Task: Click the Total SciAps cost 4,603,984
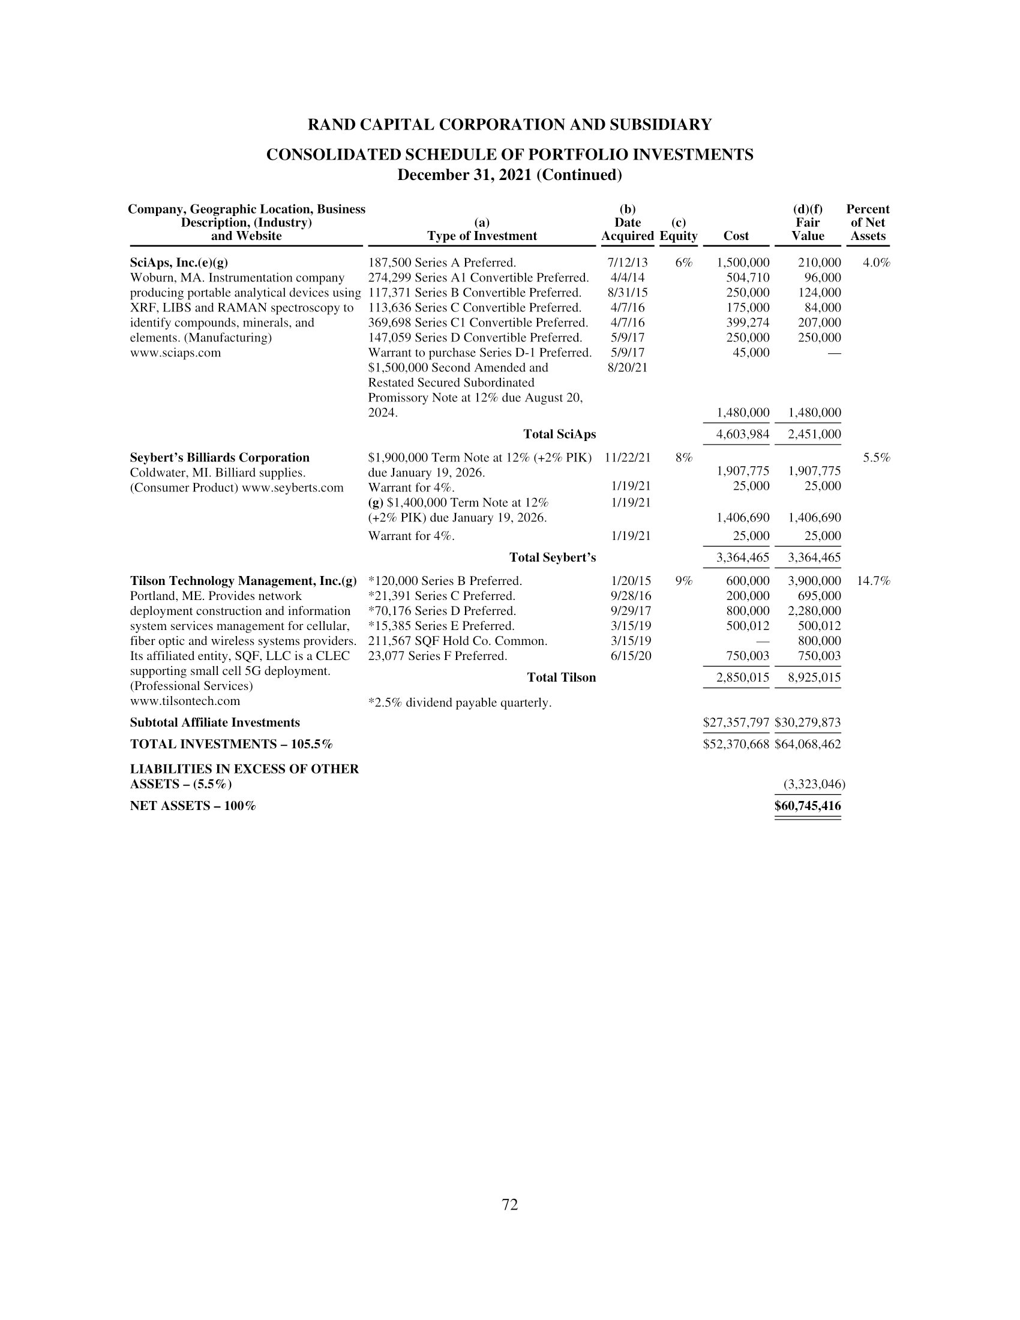tap(743, 434)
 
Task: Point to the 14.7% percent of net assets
tap(873, 581)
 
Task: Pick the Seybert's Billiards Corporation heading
tap(220, 458)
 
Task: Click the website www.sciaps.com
tap(175, 352)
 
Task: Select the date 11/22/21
tap(627, 458)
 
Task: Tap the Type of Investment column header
tap(482, 236)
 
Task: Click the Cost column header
tap(736, 236)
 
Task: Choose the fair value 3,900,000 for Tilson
tap(814, 581)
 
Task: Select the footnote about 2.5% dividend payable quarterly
tap(460, 703)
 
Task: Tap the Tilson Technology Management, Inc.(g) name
tap(243, 581)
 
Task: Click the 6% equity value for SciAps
tap(684, 262)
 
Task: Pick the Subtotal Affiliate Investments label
tap(215, 722)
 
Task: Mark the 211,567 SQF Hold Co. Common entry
tap(457, 641)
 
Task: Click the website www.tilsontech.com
tap(185, 701)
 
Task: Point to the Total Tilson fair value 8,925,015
tap(814, 677)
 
